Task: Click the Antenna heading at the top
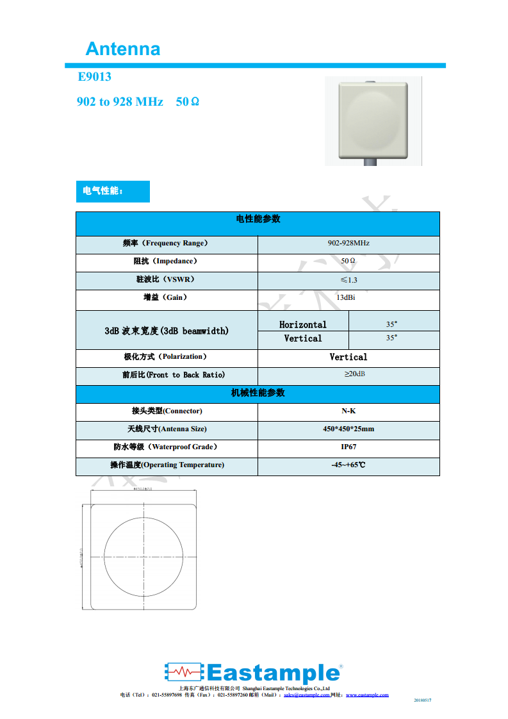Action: [122, 49]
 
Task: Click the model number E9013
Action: [94, 77]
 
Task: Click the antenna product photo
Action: [373, 120]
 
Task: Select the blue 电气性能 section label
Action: [112, 191]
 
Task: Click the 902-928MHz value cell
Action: [348, 244]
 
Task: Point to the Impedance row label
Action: [166, 261]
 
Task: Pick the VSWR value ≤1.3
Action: [348, 280]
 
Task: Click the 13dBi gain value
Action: [348, 298]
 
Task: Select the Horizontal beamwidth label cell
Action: [303, 324]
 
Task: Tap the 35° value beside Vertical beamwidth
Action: [391, 338]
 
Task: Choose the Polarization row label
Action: [166, 356]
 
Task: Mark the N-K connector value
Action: [348, 411]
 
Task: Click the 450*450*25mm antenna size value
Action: [348, 429]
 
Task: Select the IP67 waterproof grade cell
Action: [348, 447]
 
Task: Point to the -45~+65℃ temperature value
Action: [348, 465]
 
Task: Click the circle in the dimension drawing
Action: [143, 557]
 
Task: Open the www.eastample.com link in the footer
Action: [367, 695]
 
